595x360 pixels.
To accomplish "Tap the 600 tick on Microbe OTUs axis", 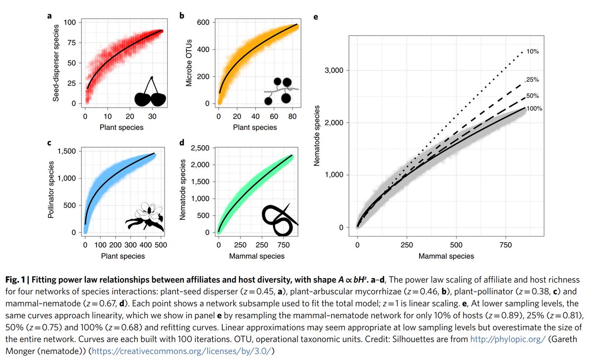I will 203,22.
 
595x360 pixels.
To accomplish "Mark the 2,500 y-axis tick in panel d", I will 199,148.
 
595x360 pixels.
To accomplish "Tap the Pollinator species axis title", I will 52,190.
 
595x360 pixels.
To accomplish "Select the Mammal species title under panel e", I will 446,256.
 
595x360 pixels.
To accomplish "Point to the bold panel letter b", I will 181,16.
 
